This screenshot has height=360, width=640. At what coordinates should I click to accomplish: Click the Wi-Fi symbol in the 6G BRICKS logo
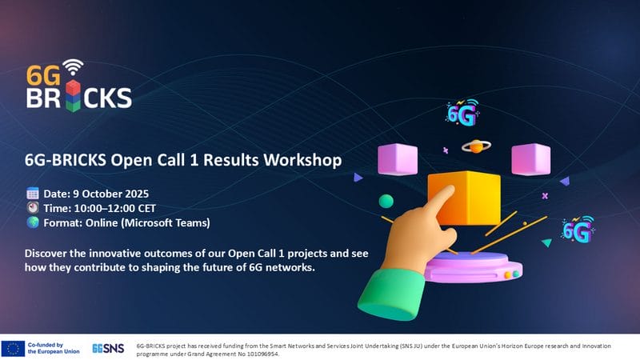(73, 67)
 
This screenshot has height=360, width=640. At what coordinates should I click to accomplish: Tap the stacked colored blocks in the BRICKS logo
(73, 95)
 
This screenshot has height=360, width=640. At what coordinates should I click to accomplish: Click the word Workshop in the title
(302, 160)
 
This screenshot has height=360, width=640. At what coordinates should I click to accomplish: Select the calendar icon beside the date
(33, 194)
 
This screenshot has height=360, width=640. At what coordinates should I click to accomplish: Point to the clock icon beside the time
(33, 208)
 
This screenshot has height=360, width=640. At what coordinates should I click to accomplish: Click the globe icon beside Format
(33, 222)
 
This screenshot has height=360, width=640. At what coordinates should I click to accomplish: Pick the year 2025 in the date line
(137, 194)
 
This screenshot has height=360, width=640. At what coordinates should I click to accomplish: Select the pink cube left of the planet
(398, 159)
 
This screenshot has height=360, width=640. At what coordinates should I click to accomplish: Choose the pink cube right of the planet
(531, 159)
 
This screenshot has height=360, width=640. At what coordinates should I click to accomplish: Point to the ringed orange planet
(476, 146)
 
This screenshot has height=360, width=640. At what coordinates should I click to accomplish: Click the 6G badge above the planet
(462, 113)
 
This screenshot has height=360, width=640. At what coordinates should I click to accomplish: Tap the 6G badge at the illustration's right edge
(578, 230)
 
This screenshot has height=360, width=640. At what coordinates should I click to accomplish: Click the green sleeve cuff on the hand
(391, 293)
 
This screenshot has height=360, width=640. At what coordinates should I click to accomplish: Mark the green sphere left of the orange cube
(386, 202)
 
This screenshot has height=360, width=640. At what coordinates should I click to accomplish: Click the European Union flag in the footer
(13, 349)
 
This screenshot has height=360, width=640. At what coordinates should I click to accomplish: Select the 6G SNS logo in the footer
(108, 349)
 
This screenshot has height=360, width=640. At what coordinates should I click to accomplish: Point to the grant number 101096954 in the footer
(262, 354)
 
